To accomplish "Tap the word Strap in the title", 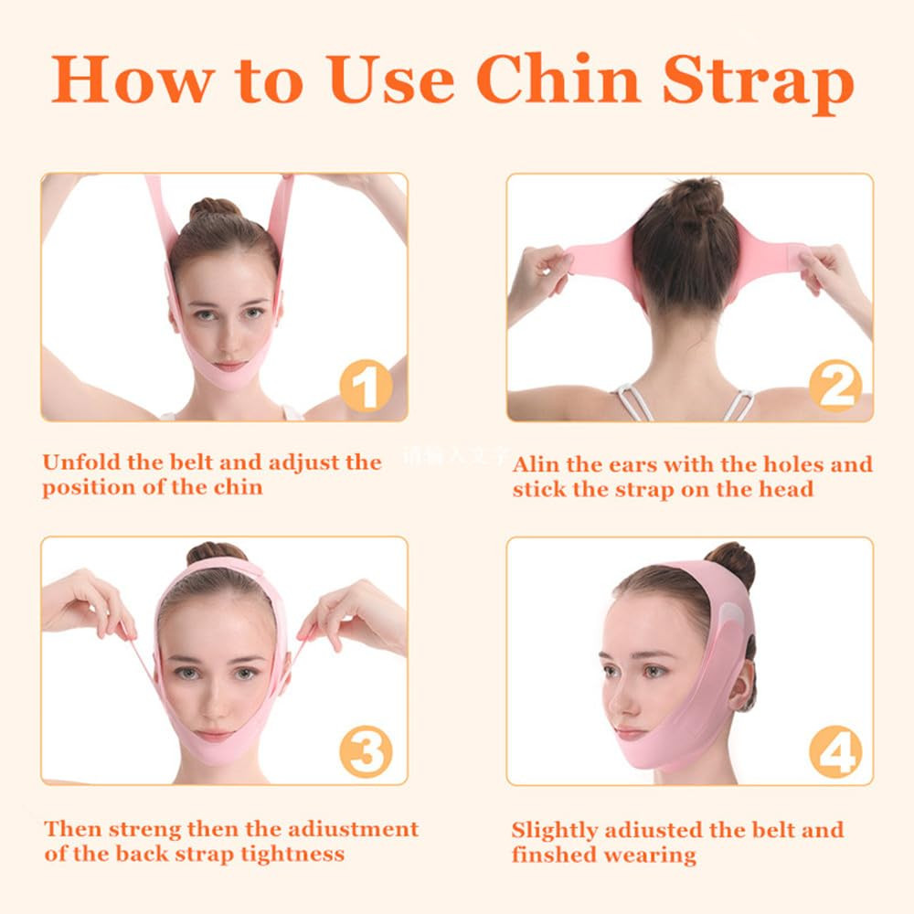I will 758,80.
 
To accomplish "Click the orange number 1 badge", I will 366,388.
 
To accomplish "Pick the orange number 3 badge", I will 367,753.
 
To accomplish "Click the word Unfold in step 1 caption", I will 80,462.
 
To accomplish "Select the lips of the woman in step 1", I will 228,366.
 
